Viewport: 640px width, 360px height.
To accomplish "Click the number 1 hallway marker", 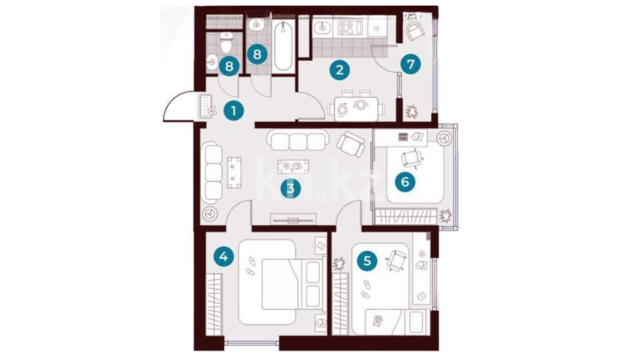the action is tap(234, 110).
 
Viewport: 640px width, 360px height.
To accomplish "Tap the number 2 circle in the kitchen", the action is tap(340, 70).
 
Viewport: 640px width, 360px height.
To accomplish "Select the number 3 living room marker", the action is tap(291, 188).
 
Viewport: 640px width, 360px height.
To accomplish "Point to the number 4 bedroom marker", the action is tap(224, 256).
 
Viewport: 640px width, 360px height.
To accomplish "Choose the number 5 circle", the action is tap(367, 260).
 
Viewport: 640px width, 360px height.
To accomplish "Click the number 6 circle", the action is tap(405, 182).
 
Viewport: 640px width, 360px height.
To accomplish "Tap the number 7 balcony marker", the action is tap(411, 64).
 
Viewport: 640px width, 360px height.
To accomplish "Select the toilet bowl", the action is tap(227, 43).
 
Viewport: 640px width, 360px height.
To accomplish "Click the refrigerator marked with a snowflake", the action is tap(377, 27).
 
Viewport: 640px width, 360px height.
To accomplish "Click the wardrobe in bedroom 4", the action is tap(214, 304).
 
